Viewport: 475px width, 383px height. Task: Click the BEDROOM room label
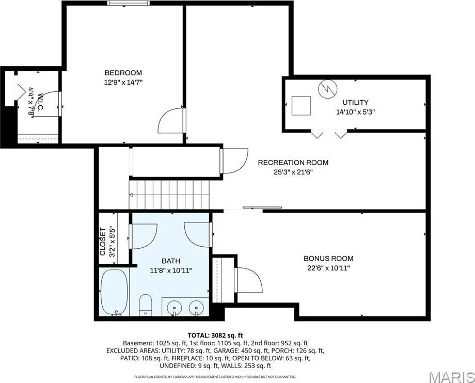pyautogui.click(x=123, y=73)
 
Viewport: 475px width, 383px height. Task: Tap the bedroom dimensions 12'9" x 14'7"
pyautogui.click(x=123, y=82)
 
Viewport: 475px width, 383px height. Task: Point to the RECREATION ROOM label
pyautogui.click(x=293, y=163)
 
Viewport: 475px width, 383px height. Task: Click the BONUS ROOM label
pyautogui.click(x=328, y=259)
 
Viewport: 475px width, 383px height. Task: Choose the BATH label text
pyautogui.click(x=171, y=261)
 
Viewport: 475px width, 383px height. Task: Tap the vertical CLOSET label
pyautogui.click(x=102, y=242)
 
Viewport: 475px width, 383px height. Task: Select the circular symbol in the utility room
pyautogui.click(x=326, y=89)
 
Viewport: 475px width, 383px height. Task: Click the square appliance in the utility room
pyautogui.click(x=302, y=105)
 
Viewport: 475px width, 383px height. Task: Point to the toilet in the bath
pyautogui.click(x=146, y=304)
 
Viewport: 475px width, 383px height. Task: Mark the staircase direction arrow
pyautogui.click(x=132, y=195)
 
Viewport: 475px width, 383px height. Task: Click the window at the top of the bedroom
pyautogui.click(x=126, y=4)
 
